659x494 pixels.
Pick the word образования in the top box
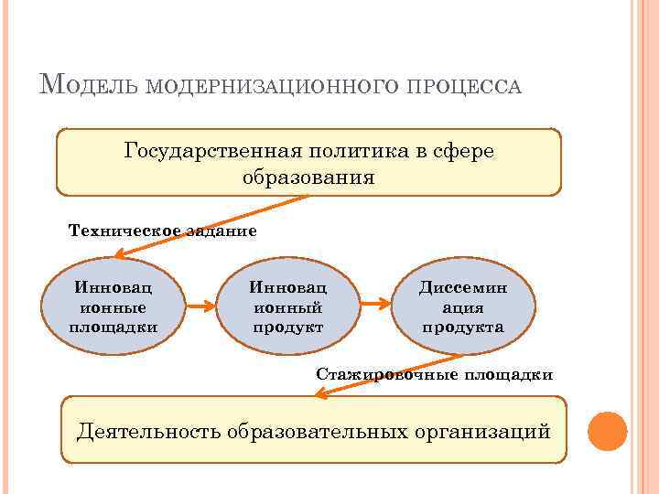[x=308, y=176]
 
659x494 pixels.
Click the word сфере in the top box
[x=467, y=150]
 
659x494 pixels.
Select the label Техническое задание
[x=163, y=231]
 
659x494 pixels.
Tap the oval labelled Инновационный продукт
[x=288, y=306]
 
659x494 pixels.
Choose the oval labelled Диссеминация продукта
[x=462, y=306]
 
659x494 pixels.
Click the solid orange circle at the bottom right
[x=607, y=430]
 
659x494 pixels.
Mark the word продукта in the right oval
[x=462, y=327]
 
